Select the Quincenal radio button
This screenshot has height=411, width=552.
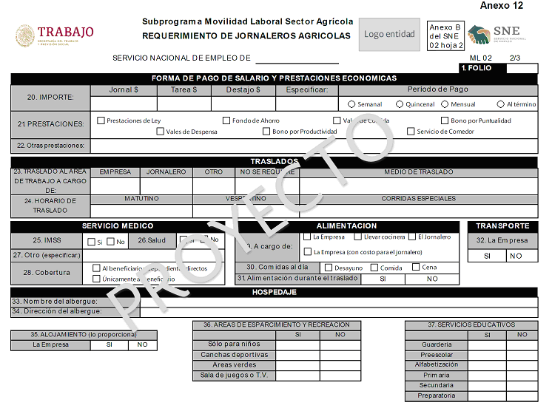coord(400,104)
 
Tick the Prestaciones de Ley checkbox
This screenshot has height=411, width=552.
coord(101,120)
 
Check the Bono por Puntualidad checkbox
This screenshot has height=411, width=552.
coord(445,120)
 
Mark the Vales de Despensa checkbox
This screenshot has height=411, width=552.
coord(160,132)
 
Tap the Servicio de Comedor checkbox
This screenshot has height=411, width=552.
coord(411,132)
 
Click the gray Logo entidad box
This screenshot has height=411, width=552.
coord(389,35)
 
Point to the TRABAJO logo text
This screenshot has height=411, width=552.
coord(66,32)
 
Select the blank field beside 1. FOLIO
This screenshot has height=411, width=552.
coord(522,68)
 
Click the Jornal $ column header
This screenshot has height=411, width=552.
coord(124,89)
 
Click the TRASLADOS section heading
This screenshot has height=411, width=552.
coord(275,161)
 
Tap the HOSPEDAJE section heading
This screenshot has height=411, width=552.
coord(275,292)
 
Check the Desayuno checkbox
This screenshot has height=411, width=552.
coord(329,268)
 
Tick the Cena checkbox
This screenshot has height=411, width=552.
coord(416,268)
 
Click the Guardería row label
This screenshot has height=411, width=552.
coord(437,344)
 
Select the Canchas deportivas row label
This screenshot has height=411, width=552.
coord(234,355)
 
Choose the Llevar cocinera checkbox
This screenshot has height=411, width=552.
coord(358,237)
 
